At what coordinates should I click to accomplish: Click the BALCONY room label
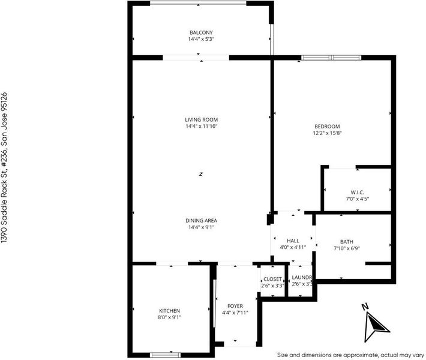pyautogui.click(x=201, y=32)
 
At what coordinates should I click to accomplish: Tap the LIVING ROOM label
pyautogui.click(x=202, y=119)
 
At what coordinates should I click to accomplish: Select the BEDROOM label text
pyautogui.click(x=327, y=127)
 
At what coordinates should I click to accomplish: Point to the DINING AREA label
pyautogui.click(x=202, y=221)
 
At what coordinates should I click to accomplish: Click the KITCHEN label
pyautogui.click(x=170, y=311)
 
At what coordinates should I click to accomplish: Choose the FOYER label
pyautogui.click(x=235, y=306)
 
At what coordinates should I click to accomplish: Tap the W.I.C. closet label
pyautogui.click(x=357, y=193)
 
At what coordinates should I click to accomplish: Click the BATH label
pyautogui.click(x=347, y=242)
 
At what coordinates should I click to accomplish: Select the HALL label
pyautogui.click(x=293, y=241)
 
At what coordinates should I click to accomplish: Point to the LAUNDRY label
pyautogui.click(x=302, y=277)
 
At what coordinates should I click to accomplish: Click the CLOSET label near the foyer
pyautogui.click(x=272, y=279)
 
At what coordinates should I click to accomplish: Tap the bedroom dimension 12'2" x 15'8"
pyautogui.click(x=327, y=133)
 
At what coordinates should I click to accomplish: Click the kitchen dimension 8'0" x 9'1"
pyautogui.click(x=170, y=317)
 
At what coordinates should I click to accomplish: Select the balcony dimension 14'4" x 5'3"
pyautogui.click(x=202, y=39)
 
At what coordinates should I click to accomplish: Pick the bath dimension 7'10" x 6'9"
pyautogui.click(x=347, y=248)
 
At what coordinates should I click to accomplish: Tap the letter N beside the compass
pyautogui.click(x=365, y=307)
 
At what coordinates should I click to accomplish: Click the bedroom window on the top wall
pyautogui.click(x=331, y=58)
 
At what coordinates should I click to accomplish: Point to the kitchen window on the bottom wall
pyautogui.click(x=165, y=355)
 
